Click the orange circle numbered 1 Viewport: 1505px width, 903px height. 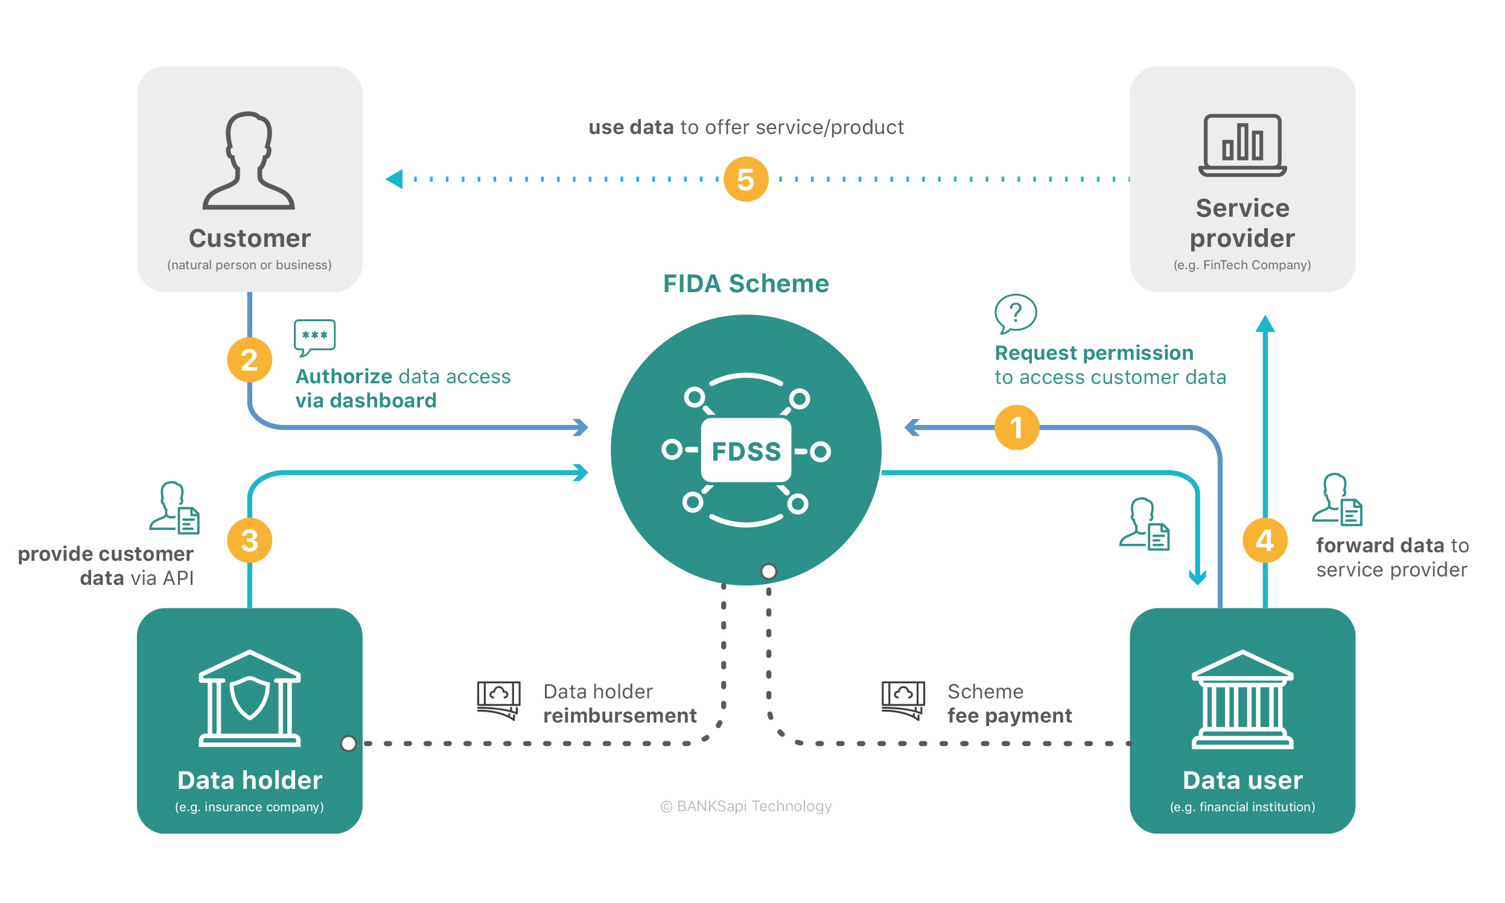pos(1016,427)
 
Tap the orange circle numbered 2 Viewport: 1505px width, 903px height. pos(249,360)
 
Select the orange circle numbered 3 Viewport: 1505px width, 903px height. pos(249,540)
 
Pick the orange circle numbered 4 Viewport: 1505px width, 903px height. pos(1265,540)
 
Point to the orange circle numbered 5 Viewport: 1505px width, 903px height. pos(746,179)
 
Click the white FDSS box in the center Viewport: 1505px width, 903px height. pos(746,451)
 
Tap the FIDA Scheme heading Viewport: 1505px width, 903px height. pos(746,284)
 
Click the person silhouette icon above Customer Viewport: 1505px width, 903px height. pos(249,161)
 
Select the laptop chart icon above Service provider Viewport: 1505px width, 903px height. pos(1242,145)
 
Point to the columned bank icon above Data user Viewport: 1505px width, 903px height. pos(1242,699)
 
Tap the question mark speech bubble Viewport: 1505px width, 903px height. pos(1014,314)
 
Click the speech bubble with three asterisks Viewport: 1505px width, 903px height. pos(314,336)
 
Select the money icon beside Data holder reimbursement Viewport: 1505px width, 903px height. pos(499,700)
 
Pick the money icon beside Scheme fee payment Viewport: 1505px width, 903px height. pos(903,700)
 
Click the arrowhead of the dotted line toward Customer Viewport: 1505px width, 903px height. pos(395,179)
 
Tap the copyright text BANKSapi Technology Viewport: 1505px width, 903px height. pos(746,806)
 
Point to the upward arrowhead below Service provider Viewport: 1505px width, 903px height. pos(1265,324)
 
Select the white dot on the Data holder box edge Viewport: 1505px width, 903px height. pos(349,743)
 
